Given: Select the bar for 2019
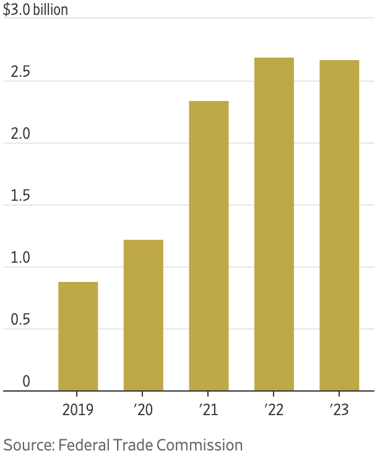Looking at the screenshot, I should (x=78, y=336).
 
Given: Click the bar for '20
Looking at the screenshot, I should (x=143, y=315).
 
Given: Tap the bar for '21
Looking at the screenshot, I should (x=209, y=245).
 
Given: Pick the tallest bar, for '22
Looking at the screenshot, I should (x=274, y=224).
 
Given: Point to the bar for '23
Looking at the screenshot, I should (x=339, y=225).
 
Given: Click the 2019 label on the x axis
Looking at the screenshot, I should (x=78, y=410).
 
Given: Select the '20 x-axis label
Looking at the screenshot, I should (x=143, y=410).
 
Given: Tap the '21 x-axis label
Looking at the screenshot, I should (x=209, y=410).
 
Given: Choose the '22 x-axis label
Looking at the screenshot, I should (x=274, y=410).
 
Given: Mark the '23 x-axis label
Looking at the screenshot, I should (x=339, y=410).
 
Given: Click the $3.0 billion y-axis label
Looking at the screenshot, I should (x=35, y=11).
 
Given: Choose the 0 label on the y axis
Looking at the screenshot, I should (x=26, y=382).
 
